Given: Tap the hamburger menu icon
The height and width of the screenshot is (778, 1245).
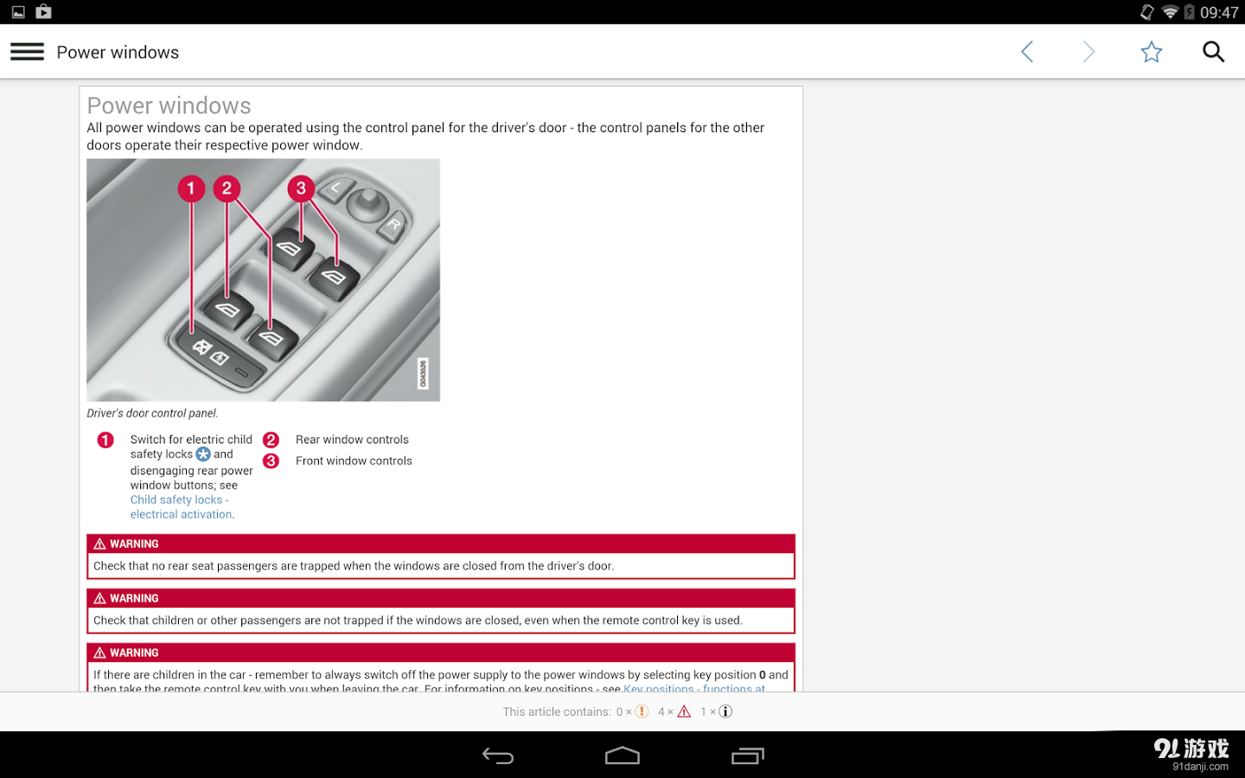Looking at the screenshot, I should click(x=27, y=52).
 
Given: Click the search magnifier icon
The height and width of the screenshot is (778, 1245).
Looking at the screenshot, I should click(x=1213, y=52).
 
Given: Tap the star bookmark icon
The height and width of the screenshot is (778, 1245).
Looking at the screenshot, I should click(x=1151, y=52).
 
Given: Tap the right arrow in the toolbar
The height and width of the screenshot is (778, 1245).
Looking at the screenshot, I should click(x=1089, y=52).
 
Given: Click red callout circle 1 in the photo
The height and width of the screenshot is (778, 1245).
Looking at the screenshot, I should click(x=191, y=188).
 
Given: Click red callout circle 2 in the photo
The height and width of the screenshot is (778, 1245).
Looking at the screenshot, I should click(x=227, y=188).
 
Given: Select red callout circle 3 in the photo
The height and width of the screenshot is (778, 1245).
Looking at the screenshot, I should click(x=301, y=188).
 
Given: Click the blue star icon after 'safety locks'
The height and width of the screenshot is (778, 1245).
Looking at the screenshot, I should click(x=203, y=454).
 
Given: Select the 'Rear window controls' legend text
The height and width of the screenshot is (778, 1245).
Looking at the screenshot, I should click(x=352, y=439).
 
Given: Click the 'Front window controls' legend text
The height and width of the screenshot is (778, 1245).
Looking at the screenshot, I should click(x=354, y=461).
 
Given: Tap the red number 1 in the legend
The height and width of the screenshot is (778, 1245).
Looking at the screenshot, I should click(x=105, y=440).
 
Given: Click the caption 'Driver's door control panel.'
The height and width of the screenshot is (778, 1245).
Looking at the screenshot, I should click(x=152, y=413).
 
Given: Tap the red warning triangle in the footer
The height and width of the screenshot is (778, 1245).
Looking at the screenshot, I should click(x=684, y=711).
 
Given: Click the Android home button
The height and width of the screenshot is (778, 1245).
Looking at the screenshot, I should click(x=622, y=756).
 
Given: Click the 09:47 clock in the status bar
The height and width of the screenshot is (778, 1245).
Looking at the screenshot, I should click(x=1219, y=12).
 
